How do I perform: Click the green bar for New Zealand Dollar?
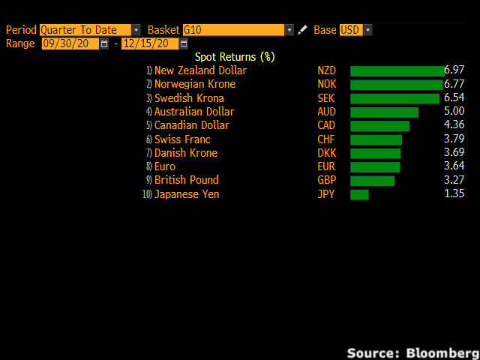(x=397, y=71)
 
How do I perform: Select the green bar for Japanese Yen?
(x=359, y=194)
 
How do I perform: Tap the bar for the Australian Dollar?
(x=384, y=112)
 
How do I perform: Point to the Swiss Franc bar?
(x=376, y=139)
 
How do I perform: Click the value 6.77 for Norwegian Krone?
(x=455, y=85)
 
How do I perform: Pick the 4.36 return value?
(x=455, y=125)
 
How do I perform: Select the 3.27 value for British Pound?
(x=455, y=180)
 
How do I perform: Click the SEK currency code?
(x=327, y=98)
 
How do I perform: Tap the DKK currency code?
(x=327, y=153)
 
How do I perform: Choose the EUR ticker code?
(x=327, y=166)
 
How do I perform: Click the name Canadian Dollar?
(x=192, y=125)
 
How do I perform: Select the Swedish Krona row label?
(x=189, y=98)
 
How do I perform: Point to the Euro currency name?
(x=165, y=166)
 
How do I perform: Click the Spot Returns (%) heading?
(x=235, y=57)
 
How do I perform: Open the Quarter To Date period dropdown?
(x=89, y=30)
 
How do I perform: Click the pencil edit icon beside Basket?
(x=302, y=30)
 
